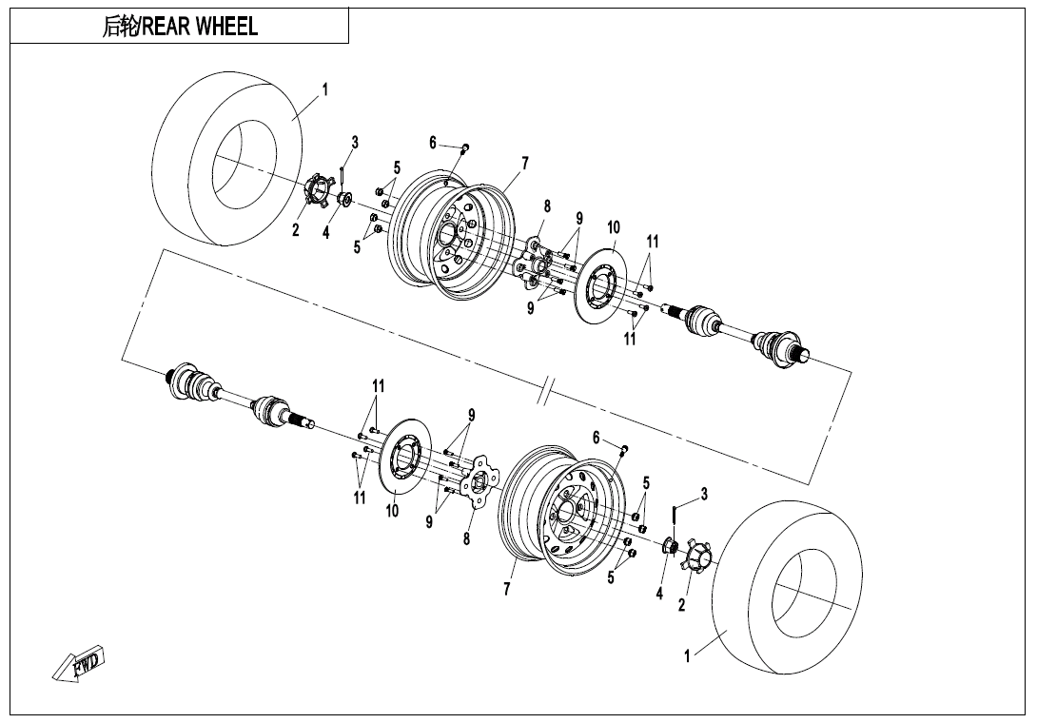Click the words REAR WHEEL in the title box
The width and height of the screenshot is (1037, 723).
(x=200, y=28)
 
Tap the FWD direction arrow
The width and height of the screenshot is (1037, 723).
(x=80, y=664)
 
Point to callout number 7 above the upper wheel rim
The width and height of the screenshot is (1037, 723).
(x=524, y=163)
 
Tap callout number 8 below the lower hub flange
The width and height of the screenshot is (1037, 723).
(x=466, y=538)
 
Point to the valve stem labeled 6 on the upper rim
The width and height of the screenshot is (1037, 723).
(x=464, y=147)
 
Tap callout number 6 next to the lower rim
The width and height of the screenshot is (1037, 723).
(x=597, y=438)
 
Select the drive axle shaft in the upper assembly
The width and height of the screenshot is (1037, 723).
(x=742, y=332)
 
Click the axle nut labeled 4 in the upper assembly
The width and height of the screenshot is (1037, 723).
(x=345, y=200)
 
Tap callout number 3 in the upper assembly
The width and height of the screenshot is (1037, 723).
(x=355, y=143)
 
